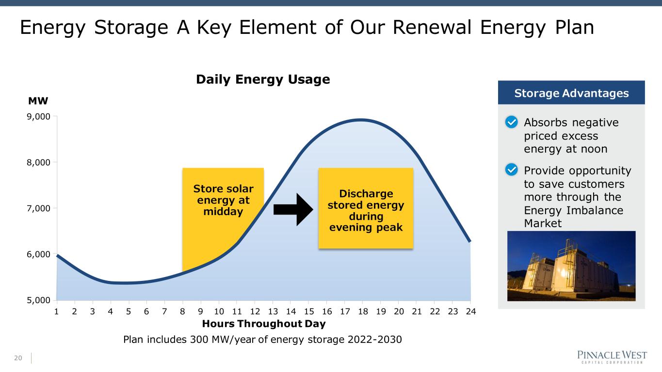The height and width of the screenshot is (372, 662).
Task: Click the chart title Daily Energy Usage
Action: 263,80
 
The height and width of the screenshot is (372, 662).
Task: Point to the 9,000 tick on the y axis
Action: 40,116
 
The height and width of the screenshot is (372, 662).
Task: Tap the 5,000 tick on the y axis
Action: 40,300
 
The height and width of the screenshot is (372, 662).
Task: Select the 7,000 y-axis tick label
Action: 40,208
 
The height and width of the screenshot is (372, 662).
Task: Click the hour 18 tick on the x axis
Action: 362,311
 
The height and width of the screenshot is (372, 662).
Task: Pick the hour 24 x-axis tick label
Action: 470,311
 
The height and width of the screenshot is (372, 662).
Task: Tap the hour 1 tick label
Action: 57,311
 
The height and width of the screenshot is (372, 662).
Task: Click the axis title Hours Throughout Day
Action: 263,324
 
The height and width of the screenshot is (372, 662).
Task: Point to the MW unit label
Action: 38,101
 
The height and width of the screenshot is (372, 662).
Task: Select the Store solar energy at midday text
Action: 223,200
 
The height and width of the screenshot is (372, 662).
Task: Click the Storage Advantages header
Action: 571,93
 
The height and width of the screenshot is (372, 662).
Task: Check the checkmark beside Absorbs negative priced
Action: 512,123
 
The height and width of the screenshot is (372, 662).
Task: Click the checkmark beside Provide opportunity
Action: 512,170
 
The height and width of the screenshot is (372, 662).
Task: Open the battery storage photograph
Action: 571,266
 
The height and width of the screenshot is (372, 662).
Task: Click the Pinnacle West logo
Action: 612,357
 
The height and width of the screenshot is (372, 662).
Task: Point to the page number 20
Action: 18,358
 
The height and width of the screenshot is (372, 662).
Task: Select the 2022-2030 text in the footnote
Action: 375,340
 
